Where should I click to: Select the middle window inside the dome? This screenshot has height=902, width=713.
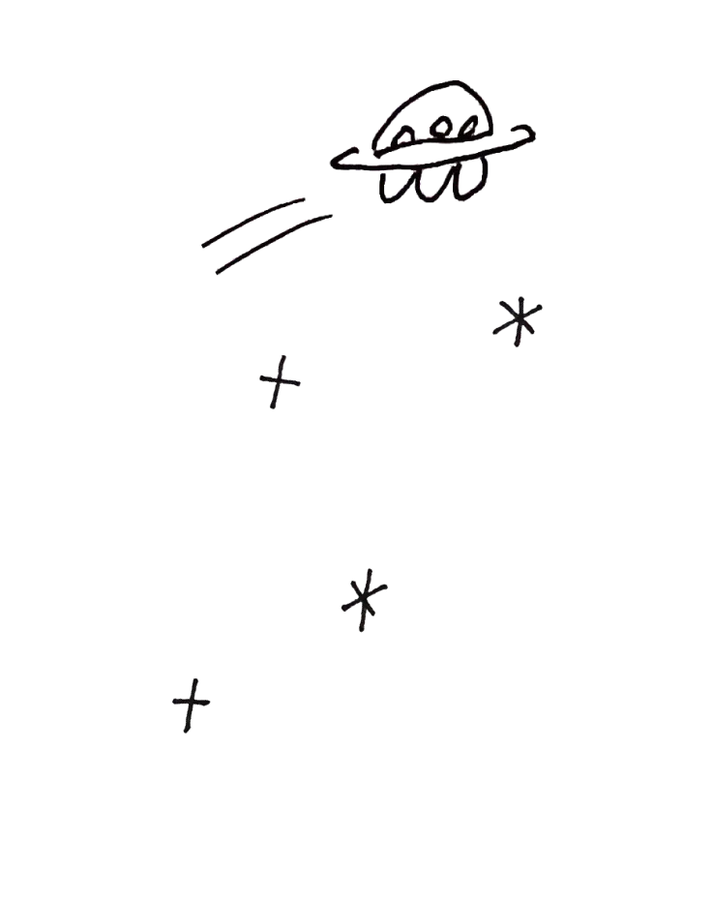click(441, 127)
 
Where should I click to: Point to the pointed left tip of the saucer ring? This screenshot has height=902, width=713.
click(332, 161)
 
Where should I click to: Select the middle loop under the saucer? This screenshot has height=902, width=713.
click(427, 184)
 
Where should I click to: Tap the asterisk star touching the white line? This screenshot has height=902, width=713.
click(517, 320)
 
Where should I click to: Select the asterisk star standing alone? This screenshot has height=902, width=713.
click(365, 599)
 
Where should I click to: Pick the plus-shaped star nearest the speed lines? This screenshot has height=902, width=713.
click(278, 380)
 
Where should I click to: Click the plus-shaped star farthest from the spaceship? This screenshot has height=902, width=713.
click(192, 704)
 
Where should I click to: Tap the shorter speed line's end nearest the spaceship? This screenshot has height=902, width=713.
click(305, 198)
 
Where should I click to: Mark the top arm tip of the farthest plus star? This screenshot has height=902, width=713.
click(195, 677)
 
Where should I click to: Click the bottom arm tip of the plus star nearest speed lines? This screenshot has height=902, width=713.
click(272, 407)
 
